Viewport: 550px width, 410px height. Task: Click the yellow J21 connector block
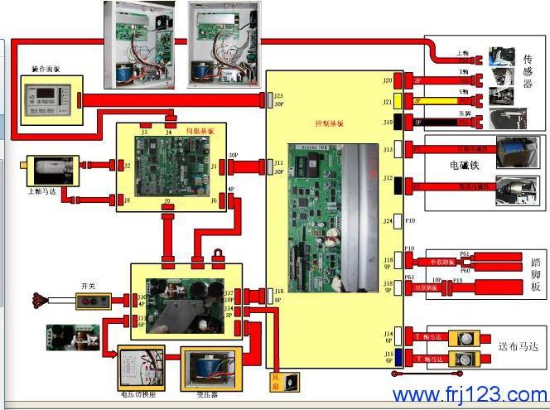398,102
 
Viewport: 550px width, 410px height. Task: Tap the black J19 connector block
398,122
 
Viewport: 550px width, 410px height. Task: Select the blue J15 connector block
398,359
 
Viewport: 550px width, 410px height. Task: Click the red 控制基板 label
329,123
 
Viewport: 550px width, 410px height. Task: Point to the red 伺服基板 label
200,131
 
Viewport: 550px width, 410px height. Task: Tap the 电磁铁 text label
463,165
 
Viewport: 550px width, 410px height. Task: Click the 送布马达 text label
518,349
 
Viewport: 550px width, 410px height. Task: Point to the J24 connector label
388,221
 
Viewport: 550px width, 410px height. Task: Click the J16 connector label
278,292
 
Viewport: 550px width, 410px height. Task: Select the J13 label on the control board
388,150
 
